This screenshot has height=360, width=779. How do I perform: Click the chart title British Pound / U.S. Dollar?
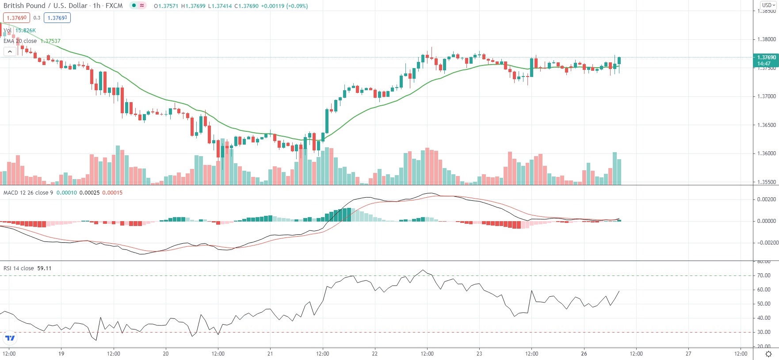pos(45,6)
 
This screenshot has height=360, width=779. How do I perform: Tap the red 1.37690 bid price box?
pos(17,18)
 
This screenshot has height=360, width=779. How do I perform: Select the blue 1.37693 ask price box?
pos(57,18)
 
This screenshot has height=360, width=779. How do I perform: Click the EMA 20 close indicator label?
pos(20,41)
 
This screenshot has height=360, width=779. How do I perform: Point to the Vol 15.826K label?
pos(20,31)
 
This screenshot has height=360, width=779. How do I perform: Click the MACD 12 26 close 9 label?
pos(28,193)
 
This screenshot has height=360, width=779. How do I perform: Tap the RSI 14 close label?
pos(19,268)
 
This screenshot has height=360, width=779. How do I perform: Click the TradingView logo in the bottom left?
pos(10,338)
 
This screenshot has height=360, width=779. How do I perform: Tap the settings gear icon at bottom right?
pos(768,354)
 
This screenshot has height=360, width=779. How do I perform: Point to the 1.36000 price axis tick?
pos(767,153)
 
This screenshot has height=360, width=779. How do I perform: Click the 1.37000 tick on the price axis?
pos(767,96)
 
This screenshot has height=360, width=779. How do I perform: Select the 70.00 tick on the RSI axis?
pos(764,276)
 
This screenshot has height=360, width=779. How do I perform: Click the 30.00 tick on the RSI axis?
pos(764,332)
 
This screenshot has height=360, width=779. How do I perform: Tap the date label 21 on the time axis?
pos(270,354)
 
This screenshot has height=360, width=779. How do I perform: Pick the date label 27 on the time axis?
pos(688,354)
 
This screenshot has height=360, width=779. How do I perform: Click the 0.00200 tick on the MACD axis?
pos(767,199)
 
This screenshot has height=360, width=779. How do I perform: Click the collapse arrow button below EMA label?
pos(10,52)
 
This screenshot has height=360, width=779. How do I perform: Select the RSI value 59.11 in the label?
pos(44,268)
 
